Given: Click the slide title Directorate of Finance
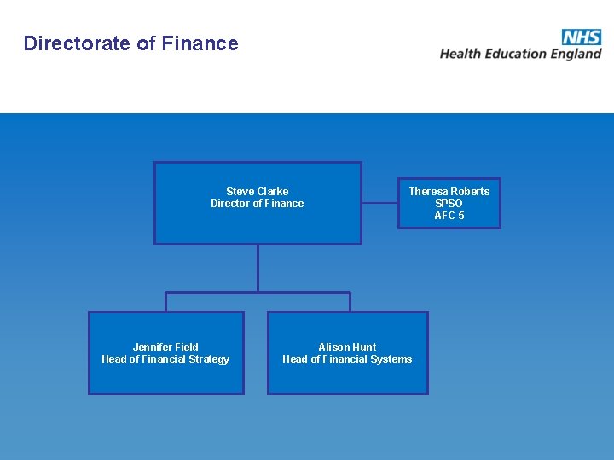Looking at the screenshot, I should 131,43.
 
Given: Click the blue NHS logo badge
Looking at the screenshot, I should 581,37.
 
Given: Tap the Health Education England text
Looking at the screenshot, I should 520,54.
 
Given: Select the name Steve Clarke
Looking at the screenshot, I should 258,192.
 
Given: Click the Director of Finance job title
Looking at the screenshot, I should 258,204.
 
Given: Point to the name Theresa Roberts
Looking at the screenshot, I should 449,192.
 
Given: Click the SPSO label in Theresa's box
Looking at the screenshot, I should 449,204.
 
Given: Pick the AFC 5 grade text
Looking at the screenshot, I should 449,216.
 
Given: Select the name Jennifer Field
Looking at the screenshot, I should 165,348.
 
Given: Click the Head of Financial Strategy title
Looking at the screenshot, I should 165,359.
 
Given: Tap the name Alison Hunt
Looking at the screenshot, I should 347,348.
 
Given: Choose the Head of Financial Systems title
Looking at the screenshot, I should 347,359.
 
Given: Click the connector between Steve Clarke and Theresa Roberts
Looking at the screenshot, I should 379,203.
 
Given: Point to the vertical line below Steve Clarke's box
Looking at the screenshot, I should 258,268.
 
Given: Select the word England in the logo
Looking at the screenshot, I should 576,54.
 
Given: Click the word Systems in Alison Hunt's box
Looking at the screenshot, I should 391,359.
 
